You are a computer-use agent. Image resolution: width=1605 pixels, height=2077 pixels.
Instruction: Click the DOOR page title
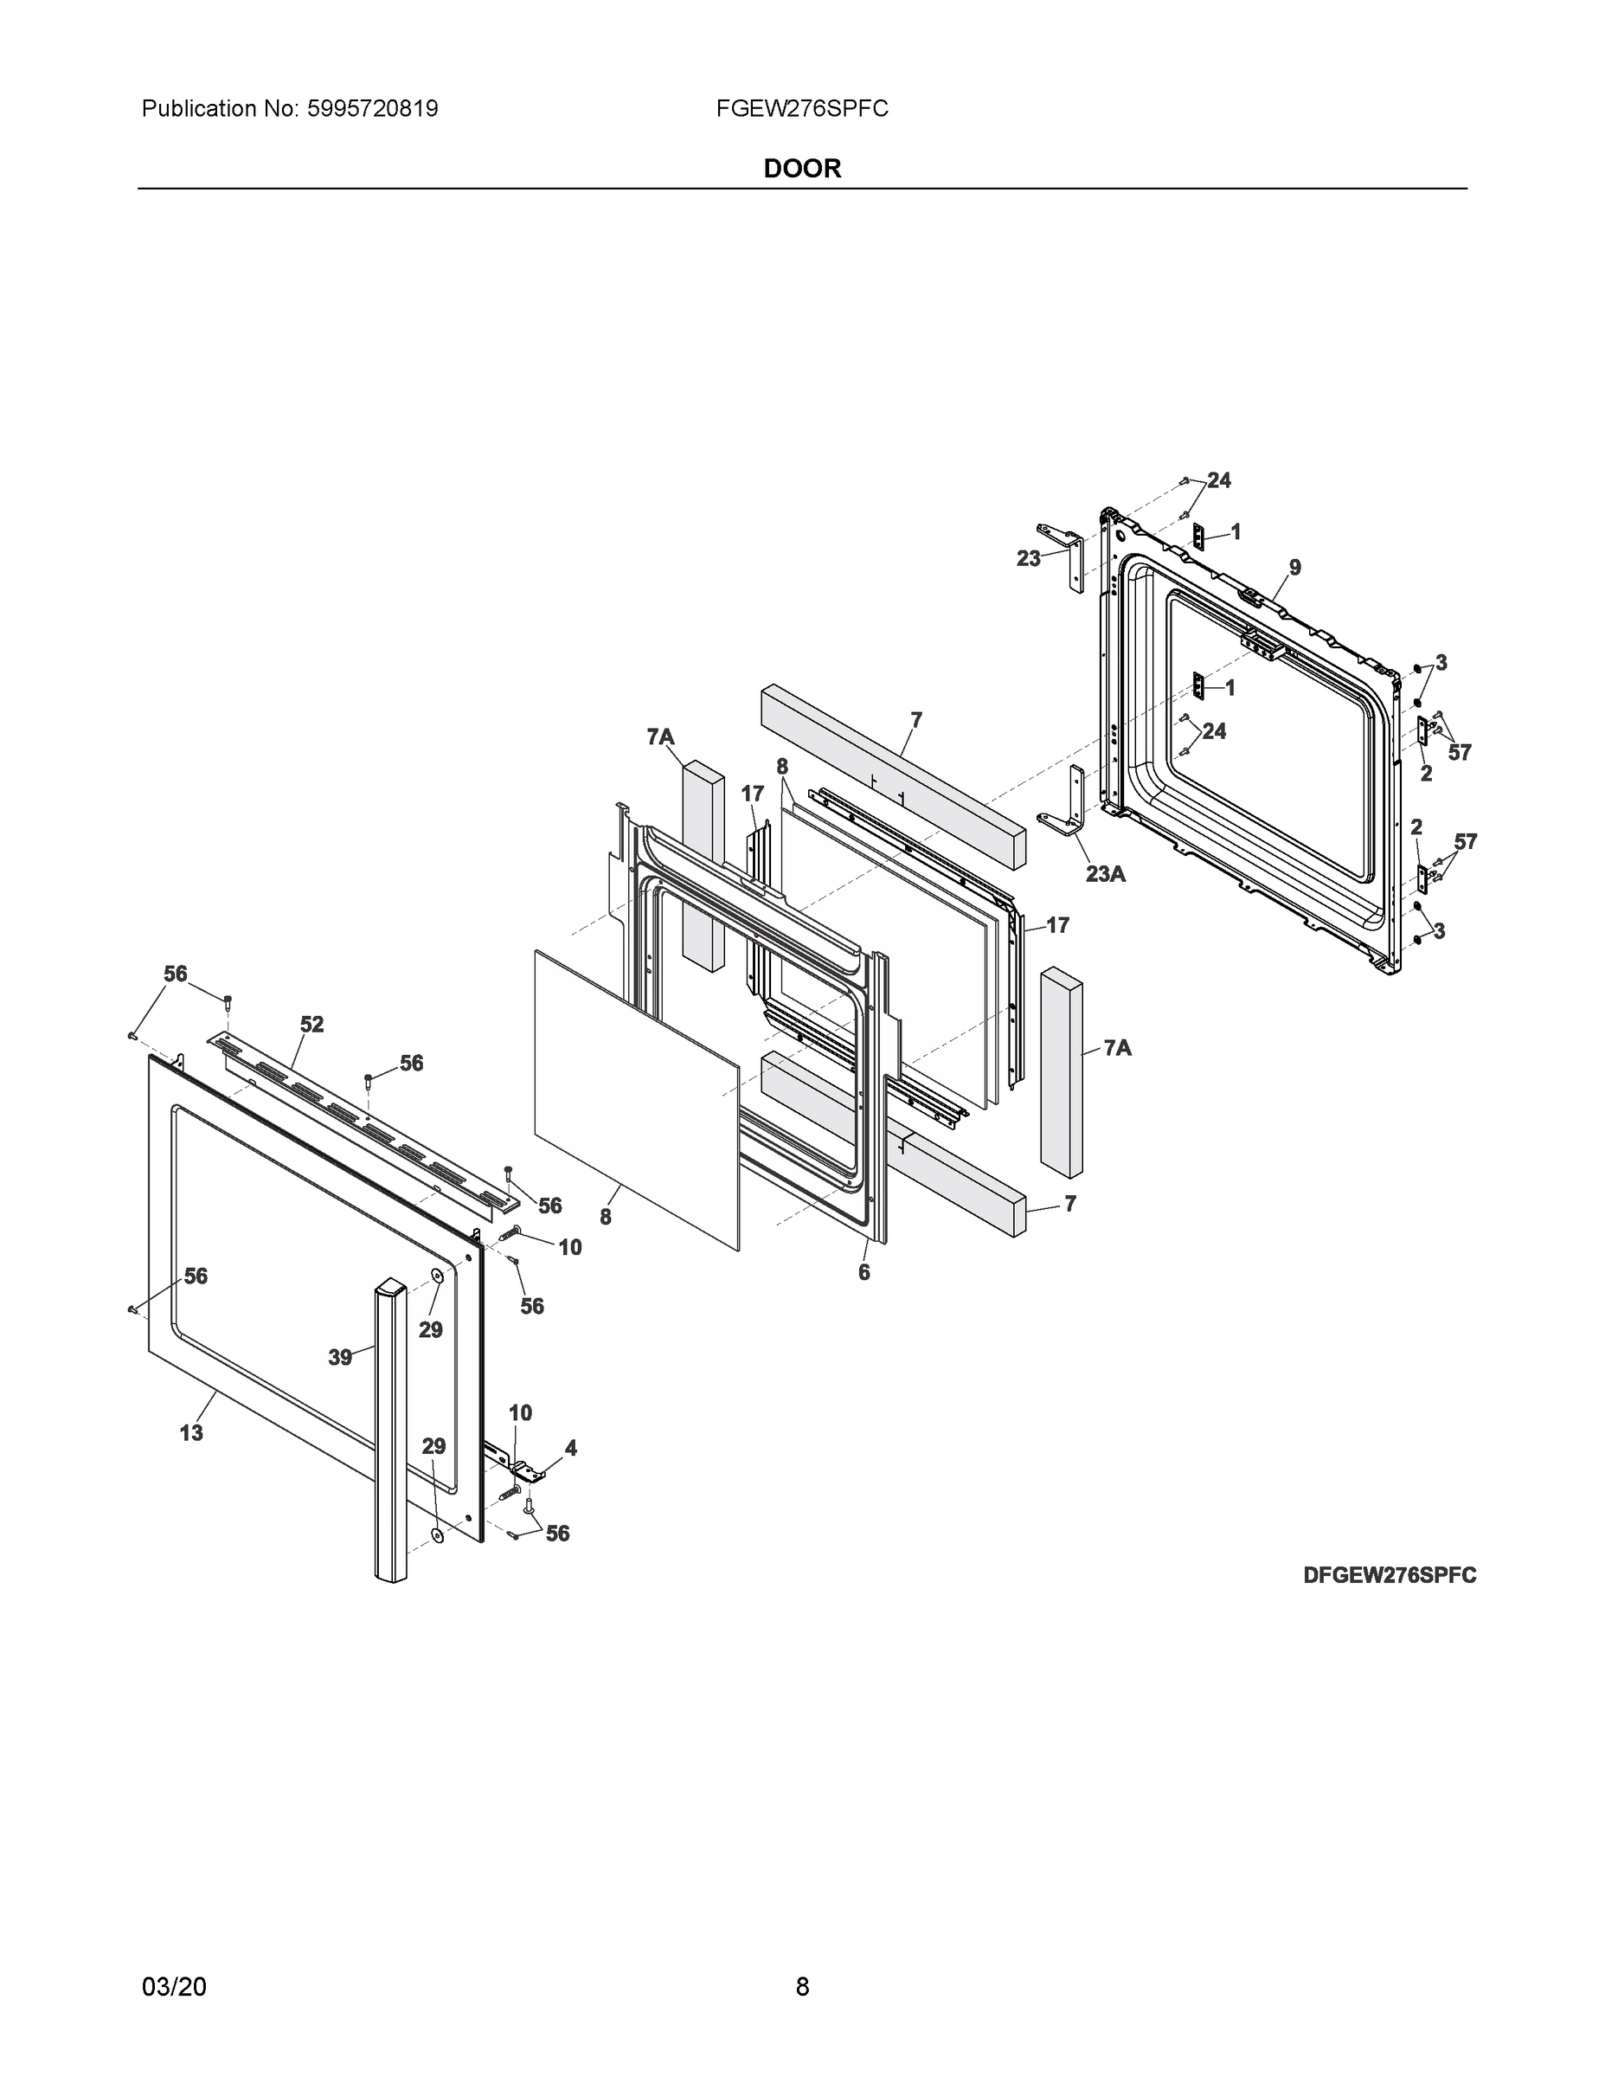click(x=801, y=169)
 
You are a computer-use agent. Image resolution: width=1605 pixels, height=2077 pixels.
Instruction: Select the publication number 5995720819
click(x=372, y=108)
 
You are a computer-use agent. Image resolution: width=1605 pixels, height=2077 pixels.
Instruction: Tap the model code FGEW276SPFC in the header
click(x=801, y=108)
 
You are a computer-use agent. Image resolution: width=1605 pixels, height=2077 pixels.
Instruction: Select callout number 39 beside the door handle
click(x=340, y=1358)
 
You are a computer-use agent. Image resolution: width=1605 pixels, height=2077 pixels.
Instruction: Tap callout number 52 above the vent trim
click(x=311, y=1026)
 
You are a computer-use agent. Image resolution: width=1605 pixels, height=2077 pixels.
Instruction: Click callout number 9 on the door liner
click(x=1295, y=568)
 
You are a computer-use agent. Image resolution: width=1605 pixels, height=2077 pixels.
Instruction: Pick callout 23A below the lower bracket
click(x=1106, y=874)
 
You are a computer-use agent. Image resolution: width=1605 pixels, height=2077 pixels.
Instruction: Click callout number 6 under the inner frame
click(x=863, y=1272)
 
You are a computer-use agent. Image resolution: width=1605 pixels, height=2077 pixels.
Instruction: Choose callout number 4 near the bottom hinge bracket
click(x=570, y=1449)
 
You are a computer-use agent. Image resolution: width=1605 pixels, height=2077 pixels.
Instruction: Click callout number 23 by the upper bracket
click(x=1028, y=559)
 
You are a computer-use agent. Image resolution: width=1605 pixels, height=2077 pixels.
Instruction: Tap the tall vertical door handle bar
click(x=390, y=1426)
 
